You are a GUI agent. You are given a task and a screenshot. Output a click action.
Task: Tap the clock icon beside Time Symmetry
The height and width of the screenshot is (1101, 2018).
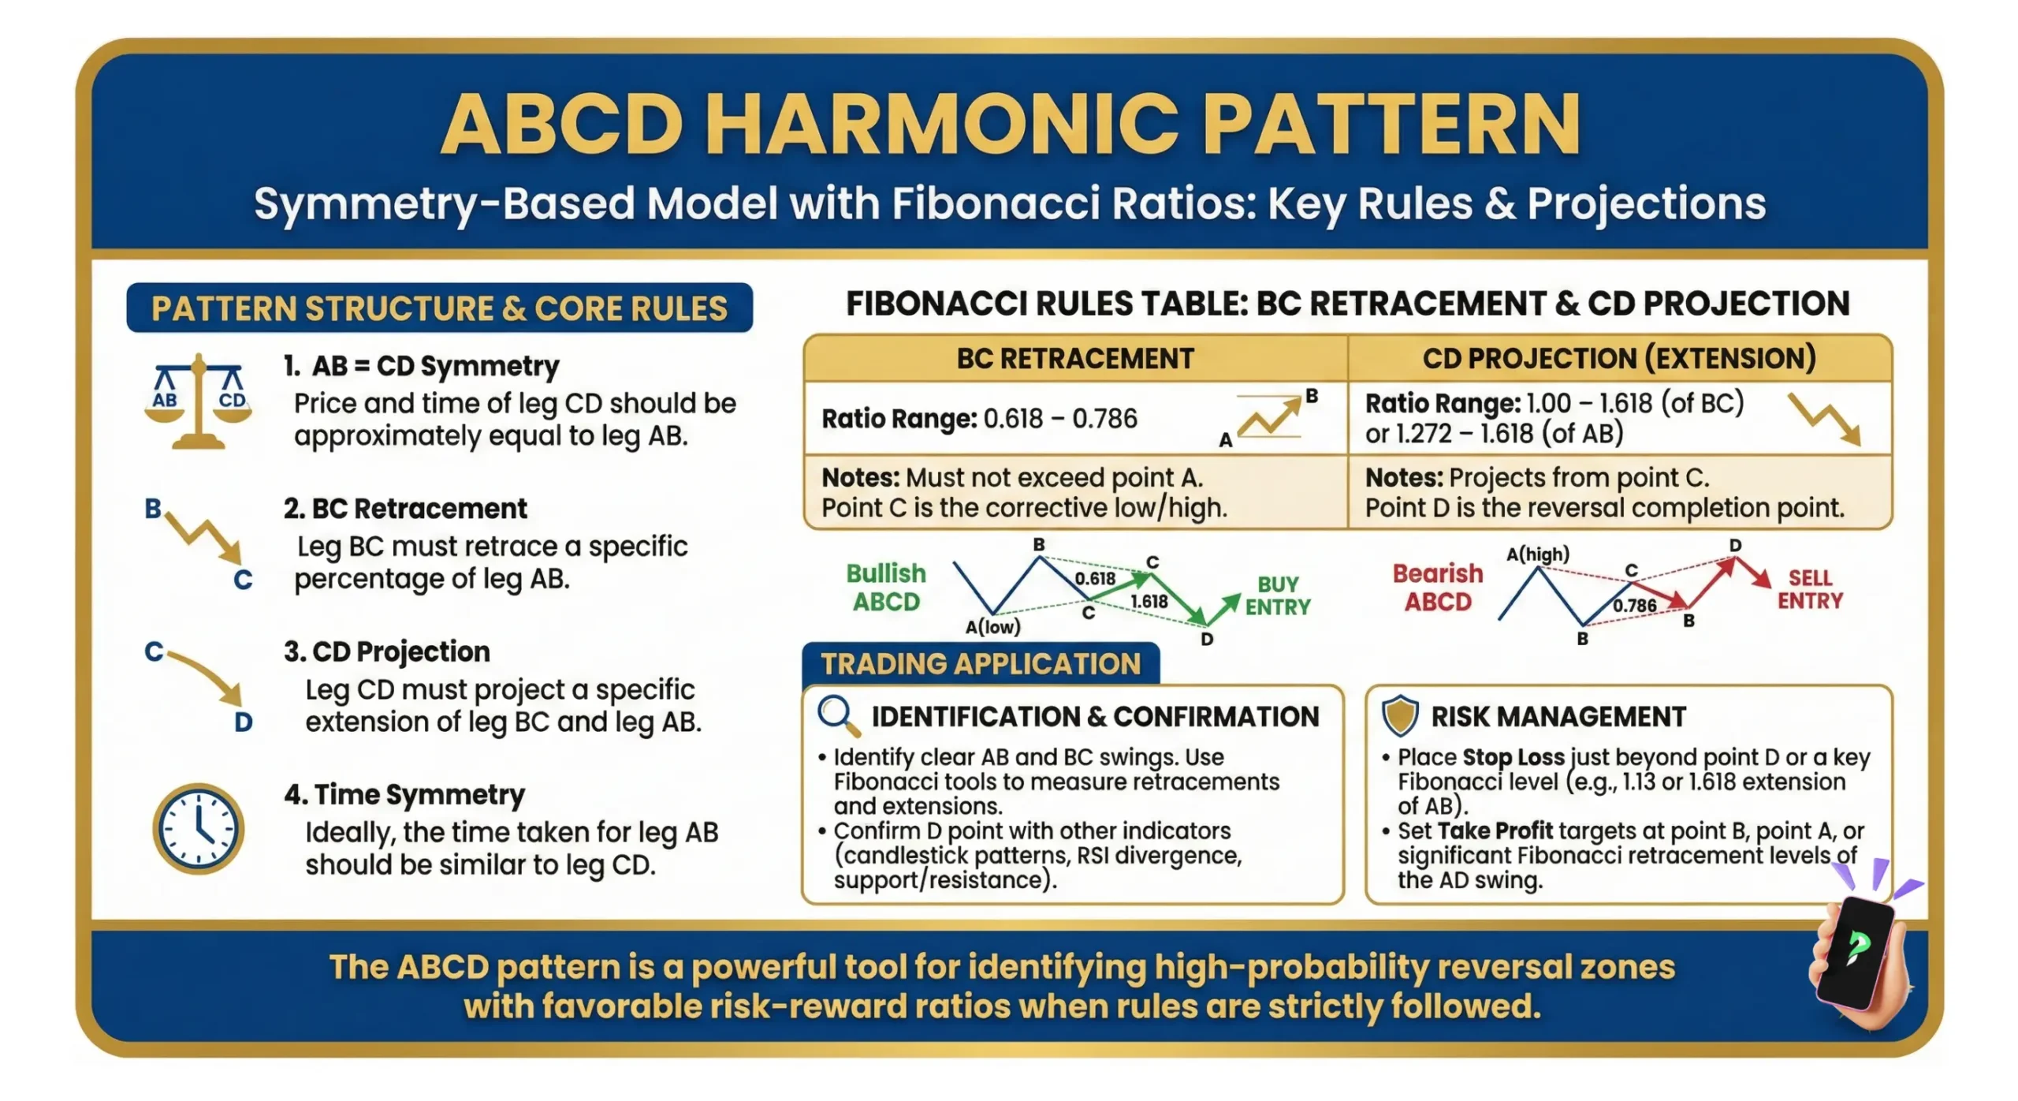click(198, 828)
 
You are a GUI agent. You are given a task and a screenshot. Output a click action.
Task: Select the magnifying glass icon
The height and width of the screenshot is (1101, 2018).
click(836, 715)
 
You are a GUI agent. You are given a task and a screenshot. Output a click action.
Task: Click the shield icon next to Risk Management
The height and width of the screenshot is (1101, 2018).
click(1399, 715)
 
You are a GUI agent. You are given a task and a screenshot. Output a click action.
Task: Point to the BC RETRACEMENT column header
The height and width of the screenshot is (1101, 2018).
click(1074, 358)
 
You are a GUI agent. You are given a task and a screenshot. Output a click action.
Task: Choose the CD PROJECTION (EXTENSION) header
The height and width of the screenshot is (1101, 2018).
click(1618, 358)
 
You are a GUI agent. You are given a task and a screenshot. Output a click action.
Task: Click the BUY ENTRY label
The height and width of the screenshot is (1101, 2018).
click(1277, 595)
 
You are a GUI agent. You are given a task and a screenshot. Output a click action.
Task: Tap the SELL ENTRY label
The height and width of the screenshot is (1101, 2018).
click(1809, 588)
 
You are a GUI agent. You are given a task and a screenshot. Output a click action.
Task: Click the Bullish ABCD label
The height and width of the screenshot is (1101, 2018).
click(886, 587)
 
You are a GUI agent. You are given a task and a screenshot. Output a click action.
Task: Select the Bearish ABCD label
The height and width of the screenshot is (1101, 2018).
click(1437, 587)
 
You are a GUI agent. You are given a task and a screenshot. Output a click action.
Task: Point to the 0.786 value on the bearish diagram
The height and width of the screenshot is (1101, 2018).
click(1633, 605)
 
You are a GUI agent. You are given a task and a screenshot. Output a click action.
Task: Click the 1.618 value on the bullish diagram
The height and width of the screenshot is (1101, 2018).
click(1149, 601)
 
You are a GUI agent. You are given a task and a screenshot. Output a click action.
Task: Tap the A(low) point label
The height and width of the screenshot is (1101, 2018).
click(992, 626)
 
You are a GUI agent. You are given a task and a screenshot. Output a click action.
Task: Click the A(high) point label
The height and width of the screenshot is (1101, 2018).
click(1536, 554)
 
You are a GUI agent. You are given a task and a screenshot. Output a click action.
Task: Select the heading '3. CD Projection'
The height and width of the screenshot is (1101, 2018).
click(387, 651)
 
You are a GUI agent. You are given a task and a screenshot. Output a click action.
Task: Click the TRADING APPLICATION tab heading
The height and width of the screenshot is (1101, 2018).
click(980, 663)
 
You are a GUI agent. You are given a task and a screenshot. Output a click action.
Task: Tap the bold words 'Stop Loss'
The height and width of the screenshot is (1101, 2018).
click(1513, 756)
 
